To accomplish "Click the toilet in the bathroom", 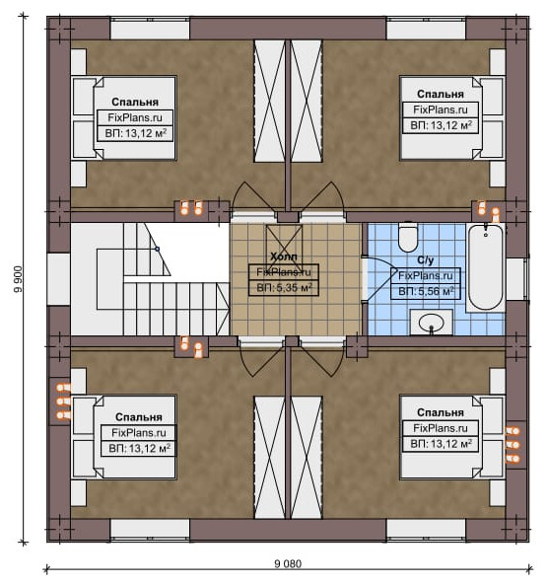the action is point(408,237).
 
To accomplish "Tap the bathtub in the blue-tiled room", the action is point(486,266).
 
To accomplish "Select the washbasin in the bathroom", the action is point(431,322).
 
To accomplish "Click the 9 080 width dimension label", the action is point(288,563).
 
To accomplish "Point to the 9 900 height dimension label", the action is point(18,279).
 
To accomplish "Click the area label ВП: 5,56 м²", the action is point(426,291).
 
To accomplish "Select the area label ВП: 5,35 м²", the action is point(284,288).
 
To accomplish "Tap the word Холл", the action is point(284,256).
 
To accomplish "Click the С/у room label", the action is point(426,260).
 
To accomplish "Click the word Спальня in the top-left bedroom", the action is point(135,102).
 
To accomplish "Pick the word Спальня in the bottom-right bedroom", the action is point(441,412).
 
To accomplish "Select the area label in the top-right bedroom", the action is point(441,125).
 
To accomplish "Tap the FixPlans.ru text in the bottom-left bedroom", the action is point(139,433).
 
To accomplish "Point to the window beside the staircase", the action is point(58,279).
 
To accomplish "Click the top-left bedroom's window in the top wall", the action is point(150,29).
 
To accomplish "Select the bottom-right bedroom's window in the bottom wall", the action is point(426,530).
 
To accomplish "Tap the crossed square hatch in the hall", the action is point(284,243).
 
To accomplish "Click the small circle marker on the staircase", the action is point(157,249).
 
